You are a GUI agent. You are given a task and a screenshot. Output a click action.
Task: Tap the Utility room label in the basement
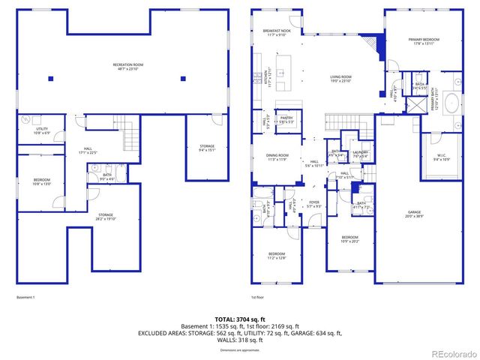tap(42, 130)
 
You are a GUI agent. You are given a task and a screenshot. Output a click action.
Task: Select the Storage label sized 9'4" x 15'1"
tap(207, 148)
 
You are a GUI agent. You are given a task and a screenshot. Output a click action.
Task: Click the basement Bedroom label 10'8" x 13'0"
tap(41, 181)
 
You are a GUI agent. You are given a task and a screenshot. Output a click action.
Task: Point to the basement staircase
tap(132, 139)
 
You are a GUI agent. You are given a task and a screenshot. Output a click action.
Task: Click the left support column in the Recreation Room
tap(51, 79)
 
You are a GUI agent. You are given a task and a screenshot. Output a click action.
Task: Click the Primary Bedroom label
tap(424, 41)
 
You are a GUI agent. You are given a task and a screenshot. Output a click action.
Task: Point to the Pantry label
tap(286, 119)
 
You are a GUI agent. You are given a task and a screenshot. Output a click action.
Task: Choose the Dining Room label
tap(277, 158)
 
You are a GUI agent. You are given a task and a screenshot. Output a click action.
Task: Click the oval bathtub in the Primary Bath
tap(452, 103)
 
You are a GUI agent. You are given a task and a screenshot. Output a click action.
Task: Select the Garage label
tap(414, 214)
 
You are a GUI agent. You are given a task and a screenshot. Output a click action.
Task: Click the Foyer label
tap(314, 203)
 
